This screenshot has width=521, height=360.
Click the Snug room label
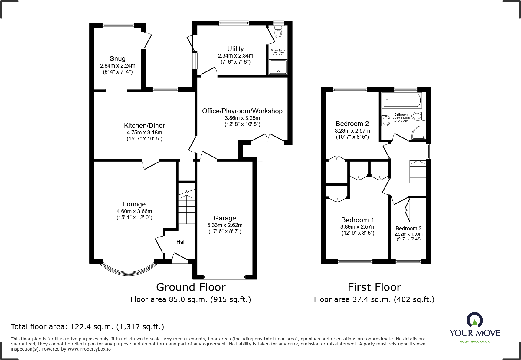click(117, 59)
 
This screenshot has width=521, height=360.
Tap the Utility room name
click(235, 49)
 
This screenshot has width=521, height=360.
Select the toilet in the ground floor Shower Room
click(278, 32)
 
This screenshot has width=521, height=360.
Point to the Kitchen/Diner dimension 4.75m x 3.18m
click(144, 133)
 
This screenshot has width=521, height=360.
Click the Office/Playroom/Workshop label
click(242, 111)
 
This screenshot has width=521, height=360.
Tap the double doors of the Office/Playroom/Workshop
click(268, 138)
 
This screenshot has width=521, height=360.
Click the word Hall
click(181, 242)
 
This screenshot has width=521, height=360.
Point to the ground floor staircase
click(186, 207)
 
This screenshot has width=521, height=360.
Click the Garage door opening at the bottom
click(224, 277)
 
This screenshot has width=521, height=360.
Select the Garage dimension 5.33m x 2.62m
click(225, 225)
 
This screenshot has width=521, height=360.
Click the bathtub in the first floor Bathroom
click(402, 100)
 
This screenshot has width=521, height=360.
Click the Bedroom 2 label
click(352, 124)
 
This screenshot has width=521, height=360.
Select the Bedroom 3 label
click(408, 229)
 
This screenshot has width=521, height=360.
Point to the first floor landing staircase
click(418, 172)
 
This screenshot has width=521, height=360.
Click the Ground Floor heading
click(191, 287)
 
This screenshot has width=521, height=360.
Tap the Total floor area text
click(87, 327)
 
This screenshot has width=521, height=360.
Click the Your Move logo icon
click(474, 320)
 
